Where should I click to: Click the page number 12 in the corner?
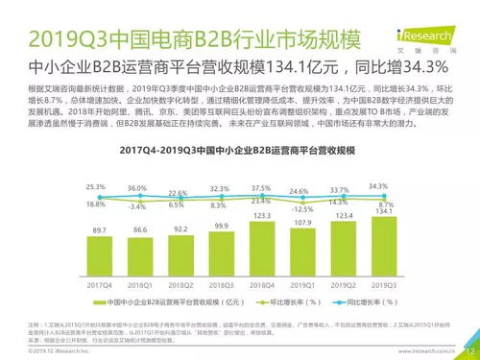[469, 351]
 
